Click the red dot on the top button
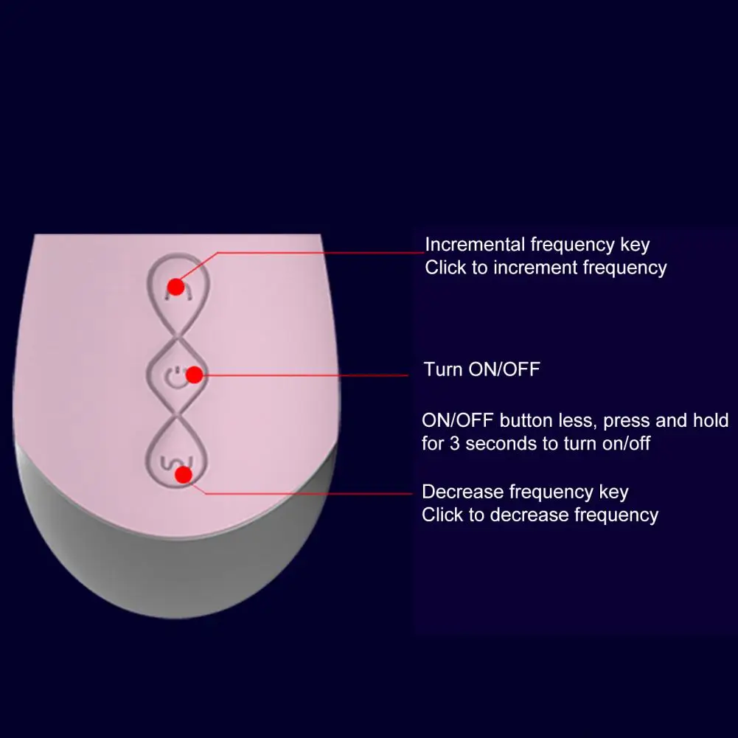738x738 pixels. pyautogui.click(x=175, y=286)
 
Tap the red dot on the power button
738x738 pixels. pyautogui.click(x=194, y=375)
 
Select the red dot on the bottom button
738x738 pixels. pyautogui.click(x=184, y=474)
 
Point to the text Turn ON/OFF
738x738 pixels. pyautogui.click(x=481, y=369)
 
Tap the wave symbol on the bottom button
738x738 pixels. pyautogui.click(x=169, y=465)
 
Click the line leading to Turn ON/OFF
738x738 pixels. pyautogui.click(x=310, y=375)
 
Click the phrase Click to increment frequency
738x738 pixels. pyautogui.click(x=546, y=268)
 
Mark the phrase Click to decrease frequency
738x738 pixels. pyautogui.click(x=540, y=515)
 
